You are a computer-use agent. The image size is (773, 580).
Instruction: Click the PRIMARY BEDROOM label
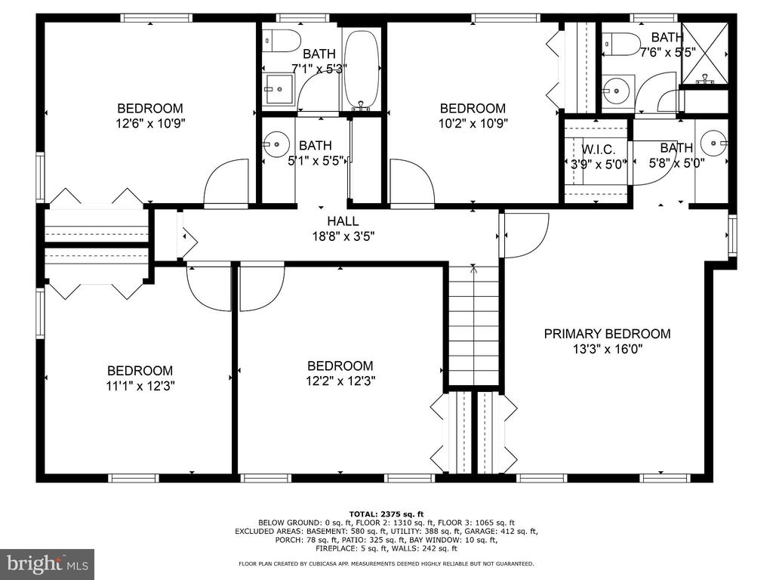607,334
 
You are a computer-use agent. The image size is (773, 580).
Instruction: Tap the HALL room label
343,221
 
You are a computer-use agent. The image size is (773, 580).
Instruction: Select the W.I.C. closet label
599,150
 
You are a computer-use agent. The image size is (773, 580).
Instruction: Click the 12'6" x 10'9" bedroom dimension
150,123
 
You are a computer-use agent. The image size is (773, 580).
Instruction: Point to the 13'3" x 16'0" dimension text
608,349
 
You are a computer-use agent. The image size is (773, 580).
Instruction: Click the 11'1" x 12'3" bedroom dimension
140,386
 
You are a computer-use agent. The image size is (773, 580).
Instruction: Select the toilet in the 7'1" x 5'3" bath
282,42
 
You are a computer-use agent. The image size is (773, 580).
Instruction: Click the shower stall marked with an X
705,54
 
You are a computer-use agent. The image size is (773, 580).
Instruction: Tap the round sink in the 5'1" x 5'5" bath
276,144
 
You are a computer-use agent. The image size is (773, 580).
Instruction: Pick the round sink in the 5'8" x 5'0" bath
714,143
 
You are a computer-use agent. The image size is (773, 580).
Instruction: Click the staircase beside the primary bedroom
474,325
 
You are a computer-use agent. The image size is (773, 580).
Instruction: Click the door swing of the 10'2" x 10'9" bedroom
411,181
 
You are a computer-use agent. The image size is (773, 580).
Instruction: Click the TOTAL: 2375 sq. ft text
386,514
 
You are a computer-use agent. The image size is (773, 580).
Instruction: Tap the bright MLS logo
48,563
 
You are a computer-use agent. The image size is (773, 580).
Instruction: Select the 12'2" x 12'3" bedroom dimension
340,381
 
